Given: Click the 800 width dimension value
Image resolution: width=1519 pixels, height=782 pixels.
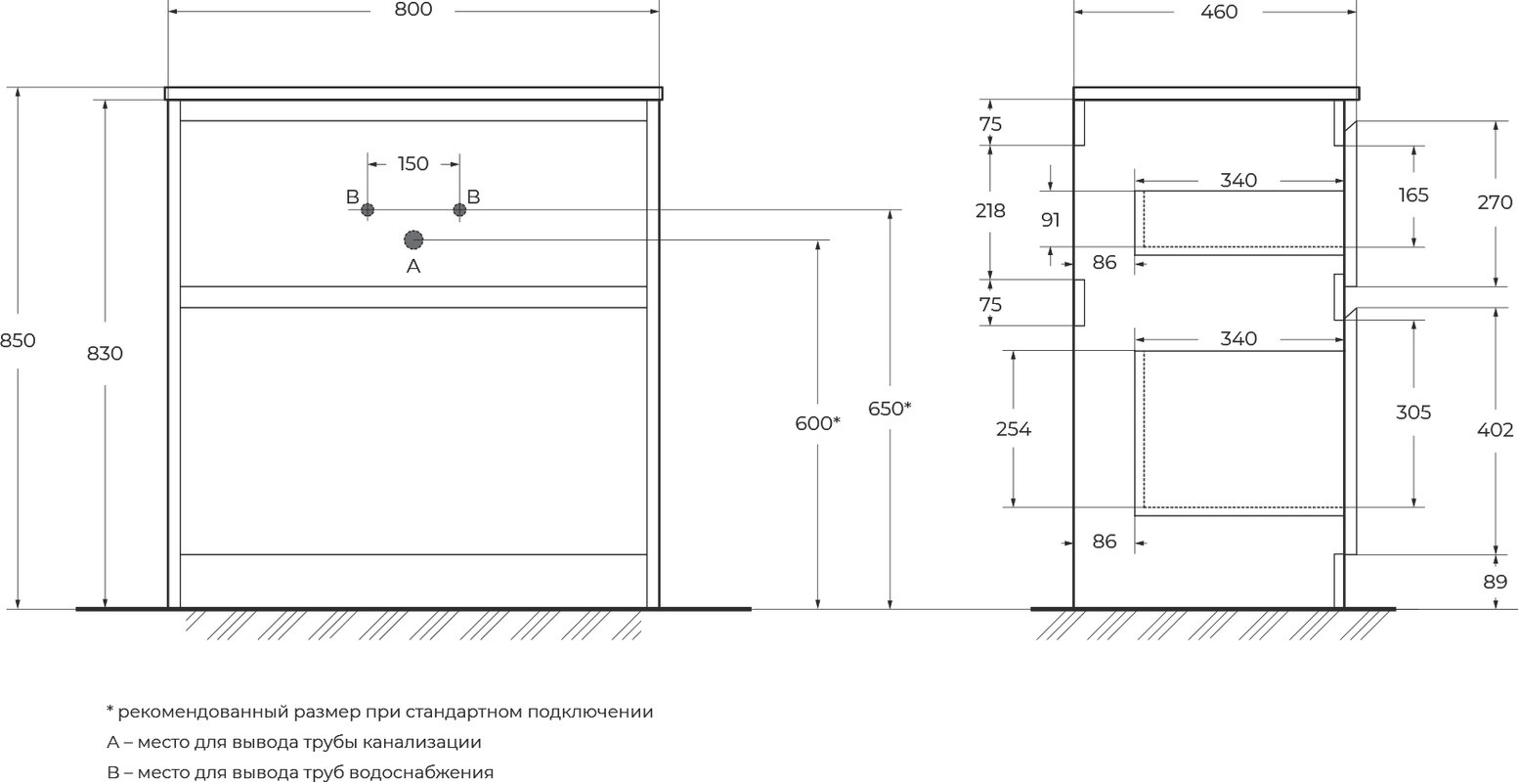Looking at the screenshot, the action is click(412, 10).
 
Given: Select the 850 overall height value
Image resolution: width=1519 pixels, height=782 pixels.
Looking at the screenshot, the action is click(17, 340).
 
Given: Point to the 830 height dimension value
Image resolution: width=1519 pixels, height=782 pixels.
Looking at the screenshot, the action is click(105, 353).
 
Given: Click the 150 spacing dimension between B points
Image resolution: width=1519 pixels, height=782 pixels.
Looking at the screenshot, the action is click(412, 163).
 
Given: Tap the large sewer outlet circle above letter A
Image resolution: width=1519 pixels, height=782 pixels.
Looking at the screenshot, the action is click(413, 239).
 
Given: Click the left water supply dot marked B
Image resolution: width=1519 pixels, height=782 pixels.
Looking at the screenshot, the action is click(368, 210).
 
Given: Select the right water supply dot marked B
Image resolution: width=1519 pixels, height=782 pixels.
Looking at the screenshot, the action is click(459, 210).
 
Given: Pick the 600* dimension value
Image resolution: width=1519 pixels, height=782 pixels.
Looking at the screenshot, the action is click(818, 423).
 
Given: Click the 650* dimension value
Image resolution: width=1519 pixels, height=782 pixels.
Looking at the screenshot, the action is click(890, 409).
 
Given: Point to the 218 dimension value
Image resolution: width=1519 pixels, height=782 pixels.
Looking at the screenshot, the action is click(990, 211).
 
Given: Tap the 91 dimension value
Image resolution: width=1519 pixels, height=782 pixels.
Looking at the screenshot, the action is click(1051, 220).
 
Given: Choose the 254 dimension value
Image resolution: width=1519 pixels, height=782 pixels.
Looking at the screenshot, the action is click(1013, 429).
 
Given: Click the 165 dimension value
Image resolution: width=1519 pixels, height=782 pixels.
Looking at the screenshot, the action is click(1413, 195).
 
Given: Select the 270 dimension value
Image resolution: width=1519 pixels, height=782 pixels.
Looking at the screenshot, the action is click(1495, 202).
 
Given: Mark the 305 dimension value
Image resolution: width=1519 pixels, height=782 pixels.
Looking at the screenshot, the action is click(1413, 413).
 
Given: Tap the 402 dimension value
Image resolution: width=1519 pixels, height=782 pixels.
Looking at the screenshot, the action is click(1495, 430).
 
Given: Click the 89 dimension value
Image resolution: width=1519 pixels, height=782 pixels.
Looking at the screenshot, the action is click(1495, 582).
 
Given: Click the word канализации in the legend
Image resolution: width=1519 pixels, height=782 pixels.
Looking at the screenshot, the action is click(422, 742).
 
